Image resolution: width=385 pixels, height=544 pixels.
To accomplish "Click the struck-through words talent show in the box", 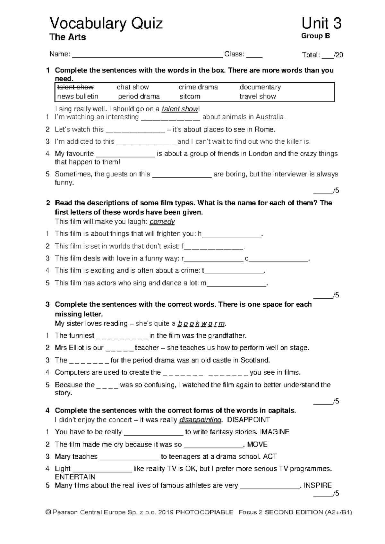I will click(x=75, y=87).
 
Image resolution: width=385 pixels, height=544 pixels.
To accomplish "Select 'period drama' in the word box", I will click(x=139, y=97).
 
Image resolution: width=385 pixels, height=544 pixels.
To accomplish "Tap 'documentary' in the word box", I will click(x=260, y=87).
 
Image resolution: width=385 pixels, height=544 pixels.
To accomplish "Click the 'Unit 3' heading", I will click(x=321, y=24).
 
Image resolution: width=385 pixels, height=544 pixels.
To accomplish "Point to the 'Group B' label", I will click(x=315, y=36).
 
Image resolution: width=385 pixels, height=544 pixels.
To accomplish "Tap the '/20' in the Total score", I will click(x=338, y=55).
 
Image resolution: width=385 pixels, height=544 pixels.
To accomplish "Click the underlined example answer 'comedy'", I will click(x=162, y=222).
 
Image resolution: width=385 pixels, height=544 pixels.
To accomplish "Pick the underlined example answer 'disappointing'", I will click(x=200, y=420).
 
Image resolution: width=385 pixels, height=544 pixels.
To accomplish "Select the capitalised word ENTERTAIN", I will click(x=75, y=477).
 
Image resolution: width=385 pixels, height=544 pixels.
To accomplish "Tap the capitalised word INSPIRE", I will click(x=317, y=485).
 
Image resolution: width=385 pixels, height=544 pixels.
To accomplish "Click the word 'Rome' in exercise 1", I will click(x=264, y=130).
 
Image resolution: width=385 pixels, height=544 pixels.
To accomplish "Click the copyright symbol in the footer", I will click(x=48, y=513).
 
